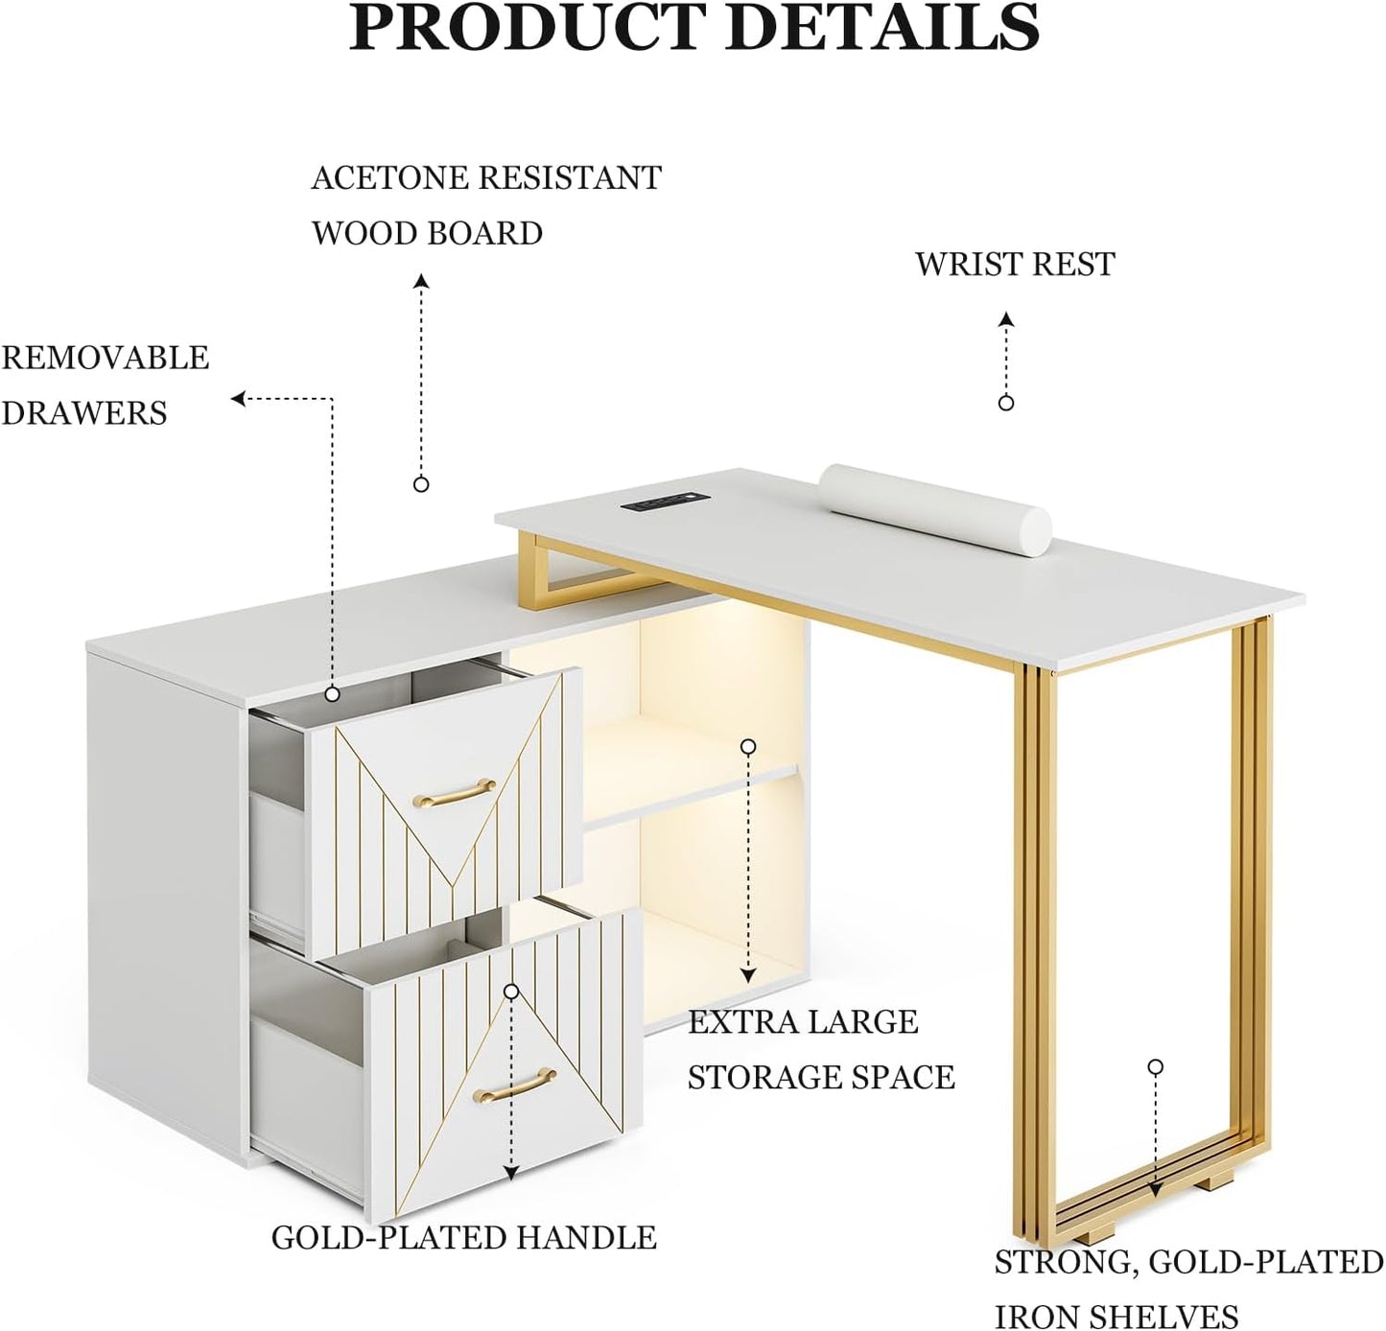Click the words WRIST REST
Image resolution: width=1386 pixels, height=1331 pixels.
coord(1014,265)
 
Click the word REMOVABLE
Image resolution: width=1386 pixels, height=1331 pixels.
coord(106,358)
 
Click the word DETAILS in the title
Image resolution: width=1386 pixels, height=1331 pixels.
coord(885,27)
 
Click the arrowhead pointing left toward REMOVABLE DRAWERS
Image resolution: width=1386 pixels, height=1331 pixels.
coord(239,399)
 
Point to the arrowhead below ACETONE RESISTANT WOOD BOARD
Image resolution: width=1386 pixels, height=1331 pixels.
coord(422,281)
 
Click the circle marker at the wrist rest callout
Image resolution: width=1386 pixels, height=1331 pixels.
coord(1005,403)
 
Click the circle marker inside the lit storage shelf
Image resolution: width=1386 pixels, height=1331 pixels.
coord(748,746)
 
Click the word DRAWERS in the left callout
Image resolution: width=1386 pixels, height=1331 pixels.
coord(84,413)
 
